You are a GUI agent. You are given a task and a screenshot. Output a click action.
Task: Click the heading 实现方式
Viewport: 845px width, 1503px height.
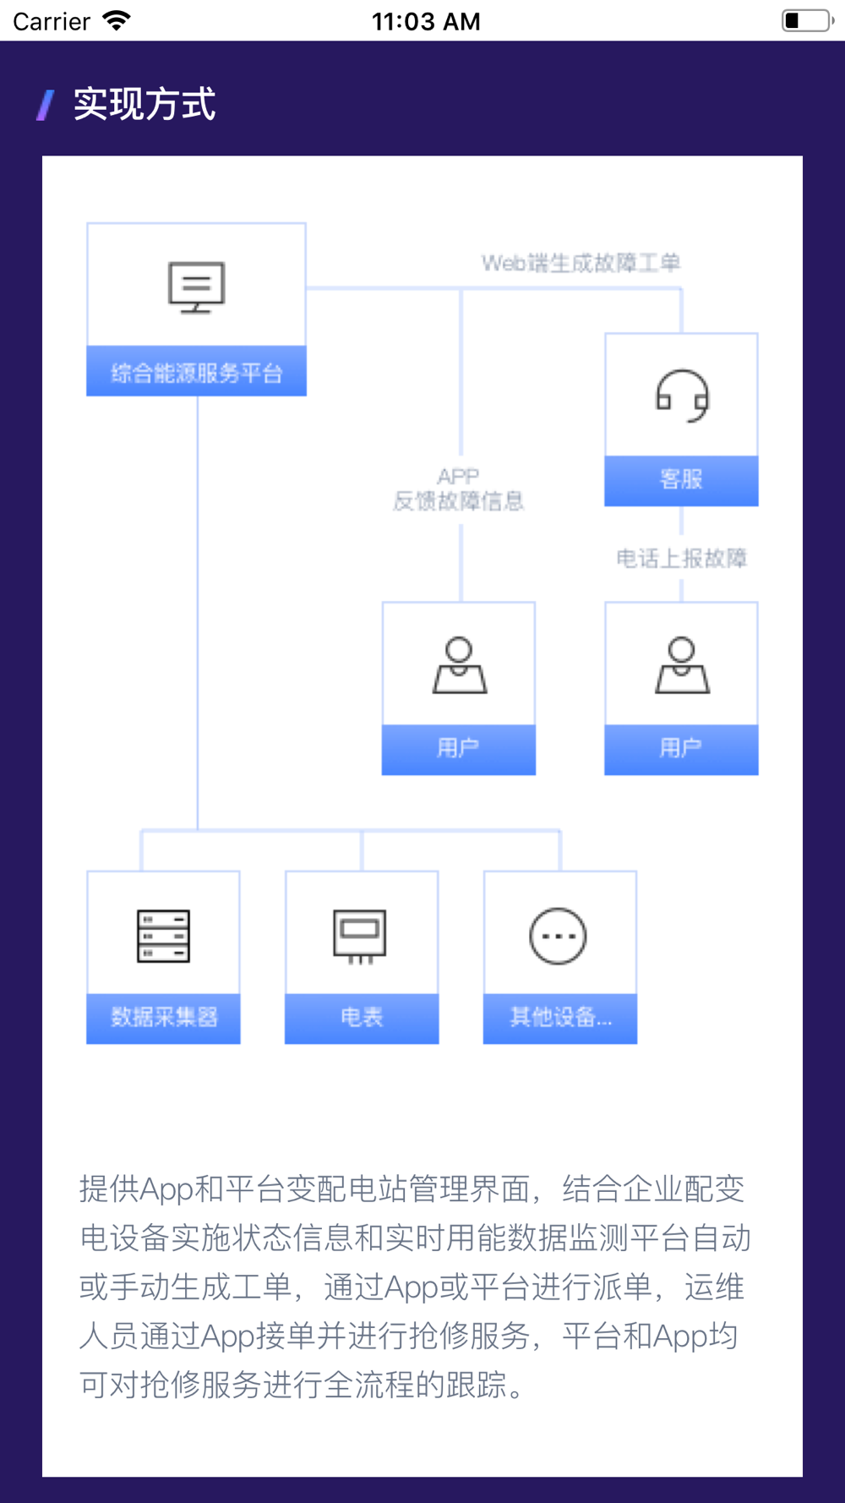(144, 105)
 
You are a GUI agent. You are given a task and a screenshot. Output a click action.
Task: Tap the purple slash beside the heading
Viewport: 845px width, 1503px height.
(46, 106)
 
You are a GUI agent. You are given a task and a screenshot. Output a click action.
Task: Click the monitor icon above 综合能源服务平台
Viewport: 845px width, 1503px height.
(196, 287)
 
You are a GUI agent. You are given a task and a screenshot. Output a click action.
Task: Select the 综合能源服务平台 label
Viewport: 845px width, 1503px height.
(196, 372)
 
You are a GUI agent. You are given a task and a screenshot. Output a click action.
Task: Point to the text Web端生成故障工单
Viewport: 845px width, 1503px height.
(581, 263)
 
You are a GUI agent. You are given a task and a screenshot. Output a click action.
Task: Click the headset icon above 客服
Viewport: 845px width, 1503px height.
(682, 396)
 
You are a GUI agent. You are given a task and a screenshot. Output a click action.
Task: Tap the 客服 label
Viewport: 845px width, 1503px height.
(681, 479)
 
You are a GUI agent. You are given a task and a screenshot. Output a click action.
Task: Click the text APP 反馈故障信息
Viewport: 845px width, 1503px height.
(459, 489)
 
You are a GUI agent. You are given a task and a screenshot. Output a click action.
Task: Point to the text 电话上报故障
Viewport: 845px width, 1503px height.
(681, 558)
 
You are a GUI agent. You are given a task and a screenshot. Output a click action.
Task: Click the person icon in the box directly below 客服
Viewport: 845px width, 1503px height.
(682, 665)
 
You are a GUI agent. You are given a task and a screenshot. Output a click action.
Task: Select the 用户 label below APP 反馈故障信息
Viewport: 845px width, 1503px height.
(458, 747)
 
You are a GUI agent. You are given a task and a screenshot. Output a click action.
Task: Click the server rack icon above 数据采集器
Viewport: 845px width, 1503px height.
(163, 936)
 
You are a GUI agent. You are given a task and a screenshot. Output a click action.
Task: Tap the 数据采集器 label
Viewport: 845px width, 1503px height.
(164, 1016)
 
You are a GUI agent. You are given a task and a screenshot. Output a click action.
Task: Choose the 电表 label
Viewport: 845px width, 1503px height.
(362, 1016)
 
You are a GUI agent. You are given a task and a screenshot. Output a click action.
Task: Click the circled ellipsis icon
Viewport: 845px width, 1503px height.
(558, 936)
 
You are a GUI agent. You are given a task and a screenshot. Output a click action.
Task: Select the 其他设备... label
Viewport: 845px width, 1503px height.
(559, 1016)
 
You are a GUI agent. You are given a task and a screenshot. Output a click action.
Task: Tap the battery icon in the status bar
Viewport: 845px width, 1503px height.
(807, 20)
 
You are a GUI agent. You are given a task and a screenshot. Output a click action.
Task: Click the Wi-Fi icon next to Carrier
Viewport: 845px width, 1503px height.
(117, 20)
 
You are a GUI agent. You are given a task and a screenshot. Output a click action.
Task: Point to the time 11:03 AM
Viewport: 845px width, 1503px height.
(426, 21)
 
